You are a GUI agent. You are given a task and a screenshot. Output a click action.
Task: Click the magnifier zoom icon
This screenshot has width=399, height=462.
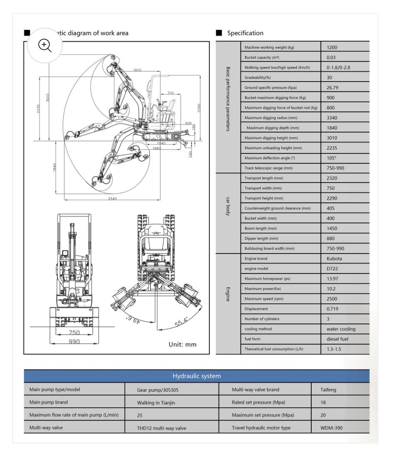(44, 45)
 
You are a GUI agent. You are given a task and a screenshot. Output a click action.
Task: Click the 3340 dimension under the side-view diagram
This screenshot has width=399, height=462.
(112, 199)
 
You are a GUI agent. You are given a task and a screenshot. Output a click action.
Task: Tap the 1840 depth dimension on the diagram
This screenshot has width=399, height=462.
(55, 168)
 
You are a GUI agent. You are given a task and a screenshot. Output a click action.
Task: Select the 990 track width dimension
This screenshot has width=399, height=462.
(74, 342)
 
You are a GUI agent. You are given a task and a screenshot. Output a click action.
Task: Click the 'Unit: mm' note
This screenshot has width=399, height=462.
(182, 344)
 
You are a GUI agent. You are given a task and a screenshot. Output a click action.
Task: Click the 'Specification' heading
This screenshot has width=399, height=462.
(245, 33)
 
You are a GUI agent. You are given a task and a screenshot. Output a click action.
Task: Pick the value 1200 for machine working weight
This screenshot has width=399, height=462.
(332, 47)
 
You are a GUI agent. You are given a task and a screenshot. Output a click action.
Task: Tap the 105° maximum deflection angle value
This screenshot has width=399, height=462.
(332, 158)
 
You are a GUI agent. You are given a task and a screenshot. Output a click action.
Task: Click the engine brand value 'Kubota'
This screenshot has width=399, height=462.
(335, 258)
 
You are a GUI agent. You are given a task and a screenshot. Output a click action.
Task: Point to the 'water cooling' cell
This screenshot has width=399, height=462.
(341, 329)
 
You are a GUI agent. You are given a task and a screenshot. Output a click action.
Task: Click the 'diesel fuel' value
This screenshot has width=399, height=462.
(337, 339)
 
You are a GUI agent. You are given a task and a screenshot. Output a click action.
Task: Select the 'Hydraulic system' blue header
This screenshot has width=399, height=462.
(197, 376)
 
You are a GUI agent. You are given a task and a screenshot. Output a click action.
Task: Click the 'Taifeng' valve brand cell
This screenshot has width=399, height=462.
(328, 390)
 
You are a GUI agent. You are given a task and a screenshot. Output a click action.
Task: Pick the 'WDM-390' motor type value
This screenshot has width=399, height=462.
(332, 428)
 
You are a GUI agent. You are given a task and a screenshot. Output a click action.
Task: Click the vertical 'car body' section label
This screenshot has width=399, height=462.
(228, 206)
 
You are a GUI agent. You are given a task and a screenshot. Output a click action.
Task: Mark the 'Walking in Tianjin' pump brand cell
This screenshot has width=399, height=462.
(156, 403)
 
